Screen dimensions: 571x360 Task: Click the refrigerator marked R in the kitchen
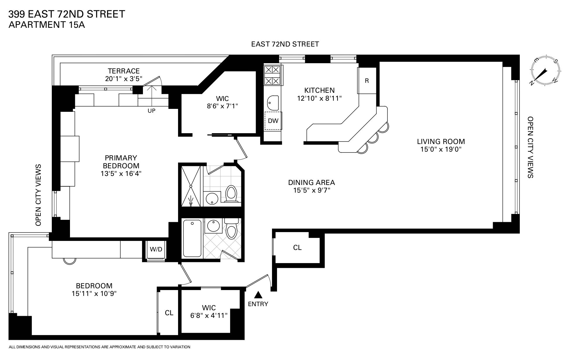[x=367, y=81]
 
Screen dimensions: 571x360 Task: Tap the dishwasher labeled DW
[x=273, y=121]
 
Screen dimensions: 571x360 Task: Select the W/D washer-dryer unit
[x=156, y=250]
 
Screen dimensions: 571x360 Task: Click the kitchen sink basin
[x=273, y=102]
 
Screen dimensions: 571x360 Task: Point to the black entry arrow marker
[x=258, y=294]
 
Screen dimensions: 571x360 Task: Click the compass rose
[x=545, y=71]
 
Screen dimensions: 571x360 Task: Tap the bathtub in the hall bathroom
[x=192, y=238]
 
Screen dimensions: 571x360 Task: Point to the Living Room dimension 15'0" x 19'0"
[x=441, y=149]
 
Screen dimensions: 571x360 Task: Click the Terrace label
[x=124, y=71]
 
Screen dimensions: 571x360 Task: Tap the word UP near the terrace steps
[x=151, y=111]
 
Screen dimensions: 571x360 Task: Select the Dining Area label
[x=312, y=183]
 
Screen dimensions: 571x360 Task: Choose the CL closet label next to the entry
[x=297, y=248]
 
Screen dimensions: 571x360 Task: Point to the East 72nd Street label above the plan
[x=285, y=44]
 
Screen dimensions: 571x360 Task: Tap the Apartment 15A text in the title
[x=47, y=25]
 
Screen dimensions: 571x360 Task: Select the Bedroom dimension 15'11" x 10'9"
[x=94, y=294]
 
